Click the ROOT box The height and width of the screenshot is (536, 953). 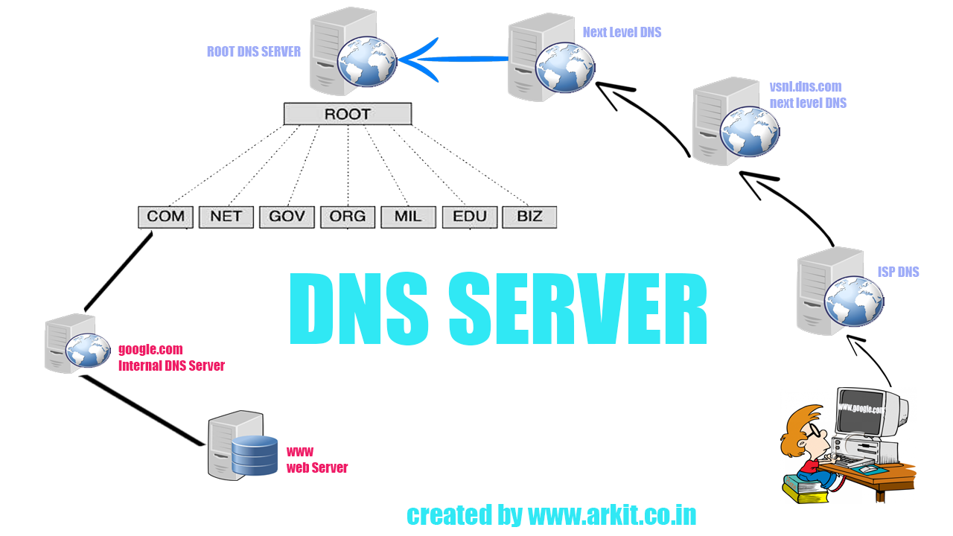[x=347, y=114]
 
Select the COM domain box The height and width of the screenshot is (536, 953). [x=165, y=217]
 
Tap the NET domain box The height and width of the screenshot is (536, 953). [x=226, y=217]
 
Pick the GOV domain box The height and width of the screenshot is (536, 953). [x=287, y=217]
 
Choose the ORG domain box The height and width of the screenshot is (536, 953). [x=348, y=217]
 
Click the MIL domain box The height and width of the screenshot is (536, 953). [x=408, y=217]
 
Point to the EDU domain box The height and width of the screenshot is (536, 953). [x=469, y=217]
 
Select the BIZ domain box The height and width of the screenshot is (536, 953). [x=529, y=217]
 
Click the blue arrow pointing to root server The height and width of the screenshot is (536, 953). [x=447, y=59]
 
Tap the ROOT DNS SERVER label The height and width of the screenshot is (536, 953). [x=254, y=52]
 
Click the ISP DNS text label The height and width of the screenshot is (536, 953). [x=898, y=272]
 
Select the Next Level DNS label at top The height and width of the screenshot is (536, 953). [x=622, y=32]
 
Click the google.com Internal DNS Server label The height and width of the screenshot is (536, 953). [x=171, y=357]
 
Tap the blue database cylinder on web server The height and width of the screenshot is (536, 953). [x=254, y=456]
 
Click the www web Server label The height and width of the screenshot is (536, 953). [x=317, y=460]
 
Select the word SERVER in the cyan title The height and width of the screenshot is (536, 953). [x=577, y=310]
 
